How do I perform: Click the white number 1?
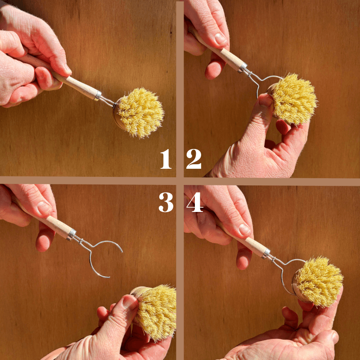166,159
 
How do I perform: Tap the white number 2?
194,159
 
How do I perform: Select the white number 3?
166,202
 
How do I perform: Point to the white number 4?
195,202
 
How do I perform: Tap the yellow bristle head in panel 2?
294,99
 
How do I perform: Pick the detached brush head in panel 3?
154,312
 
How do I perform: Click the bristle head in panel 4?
319,281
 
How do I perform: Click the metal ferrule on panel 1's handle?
98,95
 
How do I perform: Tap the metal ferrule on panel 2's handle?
243,67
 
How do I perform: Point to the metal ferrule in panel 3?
72,234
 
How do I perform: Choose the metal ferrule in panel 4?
266,253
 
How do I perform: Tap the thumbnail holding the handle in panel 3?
44,208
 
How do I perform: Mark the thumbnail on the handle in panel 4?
244,229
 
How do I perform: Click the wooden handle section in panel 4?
255,245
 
